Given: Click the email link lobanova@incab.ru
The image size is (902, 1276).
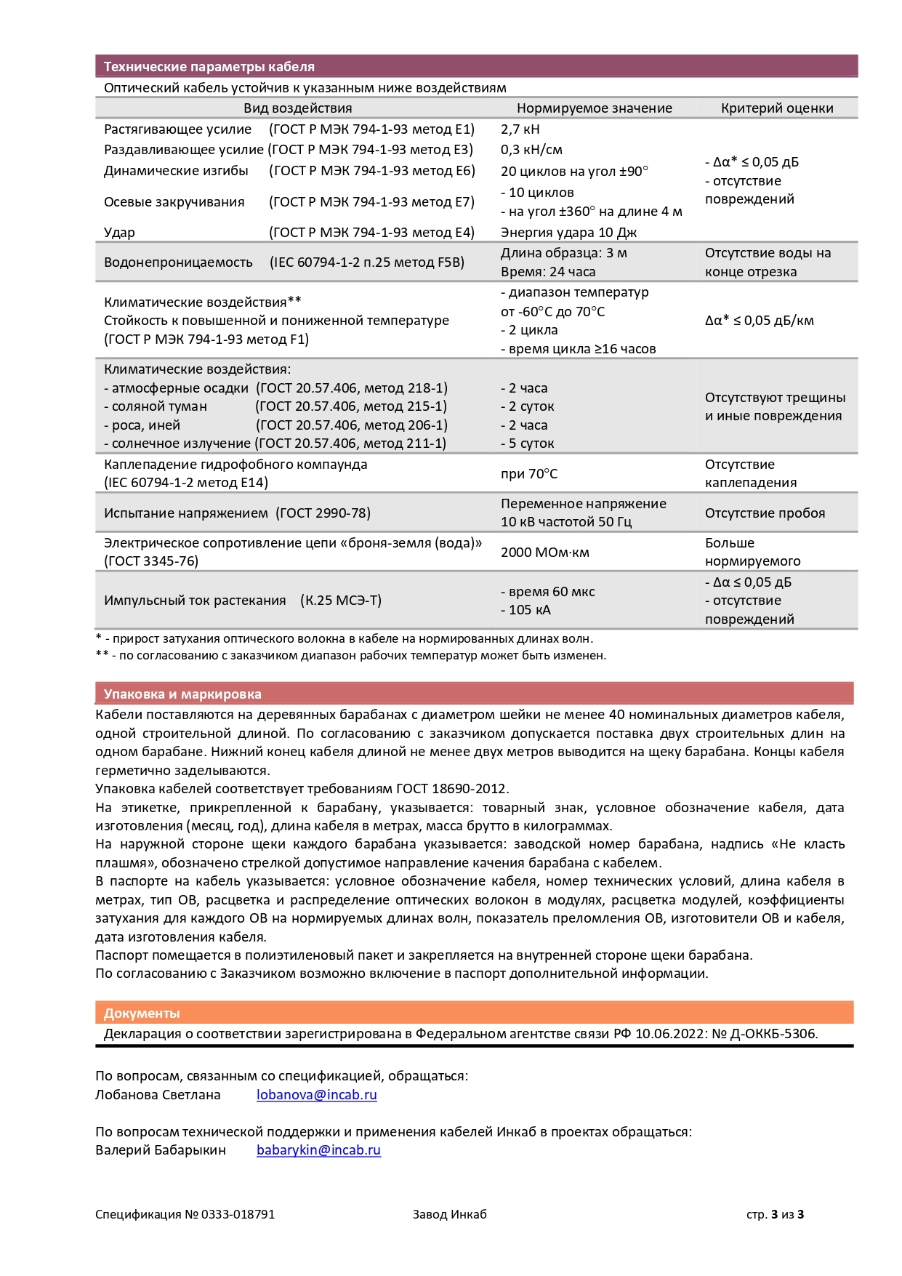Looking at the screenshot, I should [x=316, y=1095].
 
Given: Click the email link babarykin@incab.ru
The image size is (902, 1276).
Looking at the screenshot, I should [x=318, y=1150].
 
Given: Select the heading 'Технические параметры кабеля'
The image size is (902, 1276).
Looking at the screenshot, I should [x=209, y=67].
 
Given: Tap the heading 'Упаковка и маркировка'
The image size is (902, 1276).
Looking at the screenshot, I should [x=182, y=694].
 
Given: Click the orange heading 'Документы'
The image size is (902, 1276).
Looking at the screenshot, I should [x=142, y=1014].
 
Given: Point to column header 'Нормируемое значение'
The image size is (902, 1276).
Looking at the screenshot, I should [x=594, y=108].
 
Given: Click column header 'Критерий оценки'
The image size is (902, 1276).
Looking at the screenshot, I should [x=776, y=108].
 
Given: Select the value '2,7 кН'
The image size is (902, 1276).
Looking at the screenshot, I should [x=520, y=129].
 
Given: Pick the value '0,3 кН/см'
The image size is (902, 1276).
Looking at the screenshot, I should [x=531, y=150].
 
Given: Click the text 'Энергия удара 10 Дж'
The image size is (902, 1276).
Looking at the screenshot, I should [x=568, y=233].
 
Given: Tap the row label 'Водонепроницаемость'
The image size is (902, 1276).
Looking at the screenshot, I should [x=178, y=262].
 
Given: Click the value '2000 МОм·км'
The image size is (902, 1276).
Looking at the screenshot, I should [x=544, y=553].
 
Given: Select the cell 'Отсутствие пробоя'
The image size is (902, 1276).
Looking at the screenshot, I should [x=765, y=513].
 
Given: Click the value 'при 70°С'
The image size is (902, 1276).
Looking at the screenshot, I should [x=528, y=474].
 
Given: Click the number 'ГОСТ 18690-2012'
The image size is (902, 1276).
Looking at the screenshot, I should [x=451, y=789].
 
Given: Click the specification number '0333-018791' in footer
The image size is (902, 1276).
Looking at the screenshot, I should [x=238, y=1214].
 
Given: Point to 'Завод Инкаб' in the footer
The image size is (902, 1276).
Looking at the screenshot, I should [x=449, y=1214].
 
